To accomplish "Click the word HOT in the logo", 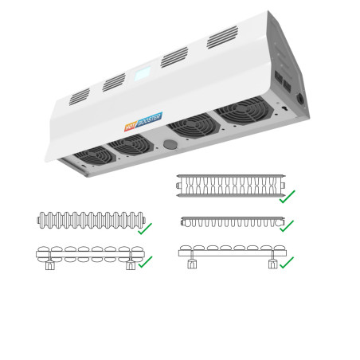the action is coord(131,127).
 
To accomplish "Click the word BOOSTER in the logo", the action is coord(150,119).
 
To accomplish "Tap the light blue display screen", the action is coord(143,74).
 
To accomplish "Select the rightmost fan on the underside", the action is coord(244,110).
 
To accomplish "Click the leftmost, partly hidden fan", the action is coord(95,155).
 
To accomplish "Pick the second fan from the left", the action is coord(131,145).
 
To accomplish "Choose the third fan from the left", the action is coord(194,126).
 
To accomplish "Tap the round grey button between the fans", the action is coord(170,144).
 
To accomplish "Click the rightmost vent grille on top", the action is coord(222,37).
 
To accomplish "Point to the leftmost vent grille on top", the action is coord(80,96).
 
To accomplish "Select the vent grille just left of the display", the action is coord(114,82).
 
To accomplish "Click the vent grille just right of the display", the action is coord(174,57).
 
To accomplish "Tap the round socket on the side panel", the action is coord(300,99).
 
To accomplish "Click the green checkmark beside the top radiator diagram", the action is coord(287,197).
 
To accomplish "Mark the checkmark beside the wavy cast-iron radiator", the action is coord(145,229).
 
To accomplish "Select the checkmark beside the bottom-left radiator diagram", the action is coord(145,262).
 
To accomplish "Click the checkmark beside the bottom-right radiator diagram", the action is coord(287,262).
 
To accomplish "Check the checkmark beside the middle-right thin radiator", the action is coord(287,226).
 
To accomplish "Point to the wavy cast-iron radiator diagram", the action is coord(91,220).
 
